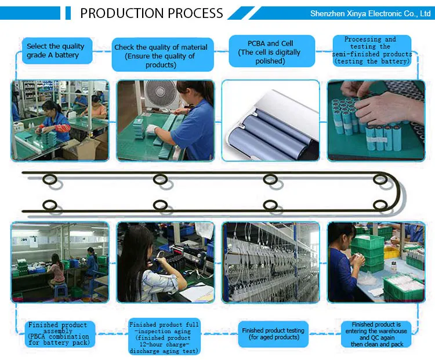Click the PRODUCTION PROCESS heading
pos(151,13)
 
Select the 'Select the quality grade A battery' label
pos(55,51)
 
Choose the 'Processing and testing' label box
pos(372,50)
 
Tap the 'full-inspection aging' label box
pos(164,337)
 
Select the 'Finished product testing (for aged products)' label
pos(273,334)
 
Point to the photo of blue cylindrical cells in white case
pos(271,120)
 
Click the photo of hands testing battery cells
pos(376,120)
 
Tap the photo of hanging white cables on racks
pos(271,262)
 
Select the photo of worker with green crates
pos(376,262)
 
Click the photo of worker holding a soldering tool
pos(165,262)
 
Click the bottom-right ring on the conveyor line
pos(380,205)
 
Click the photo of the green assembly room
pos(59,262)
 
